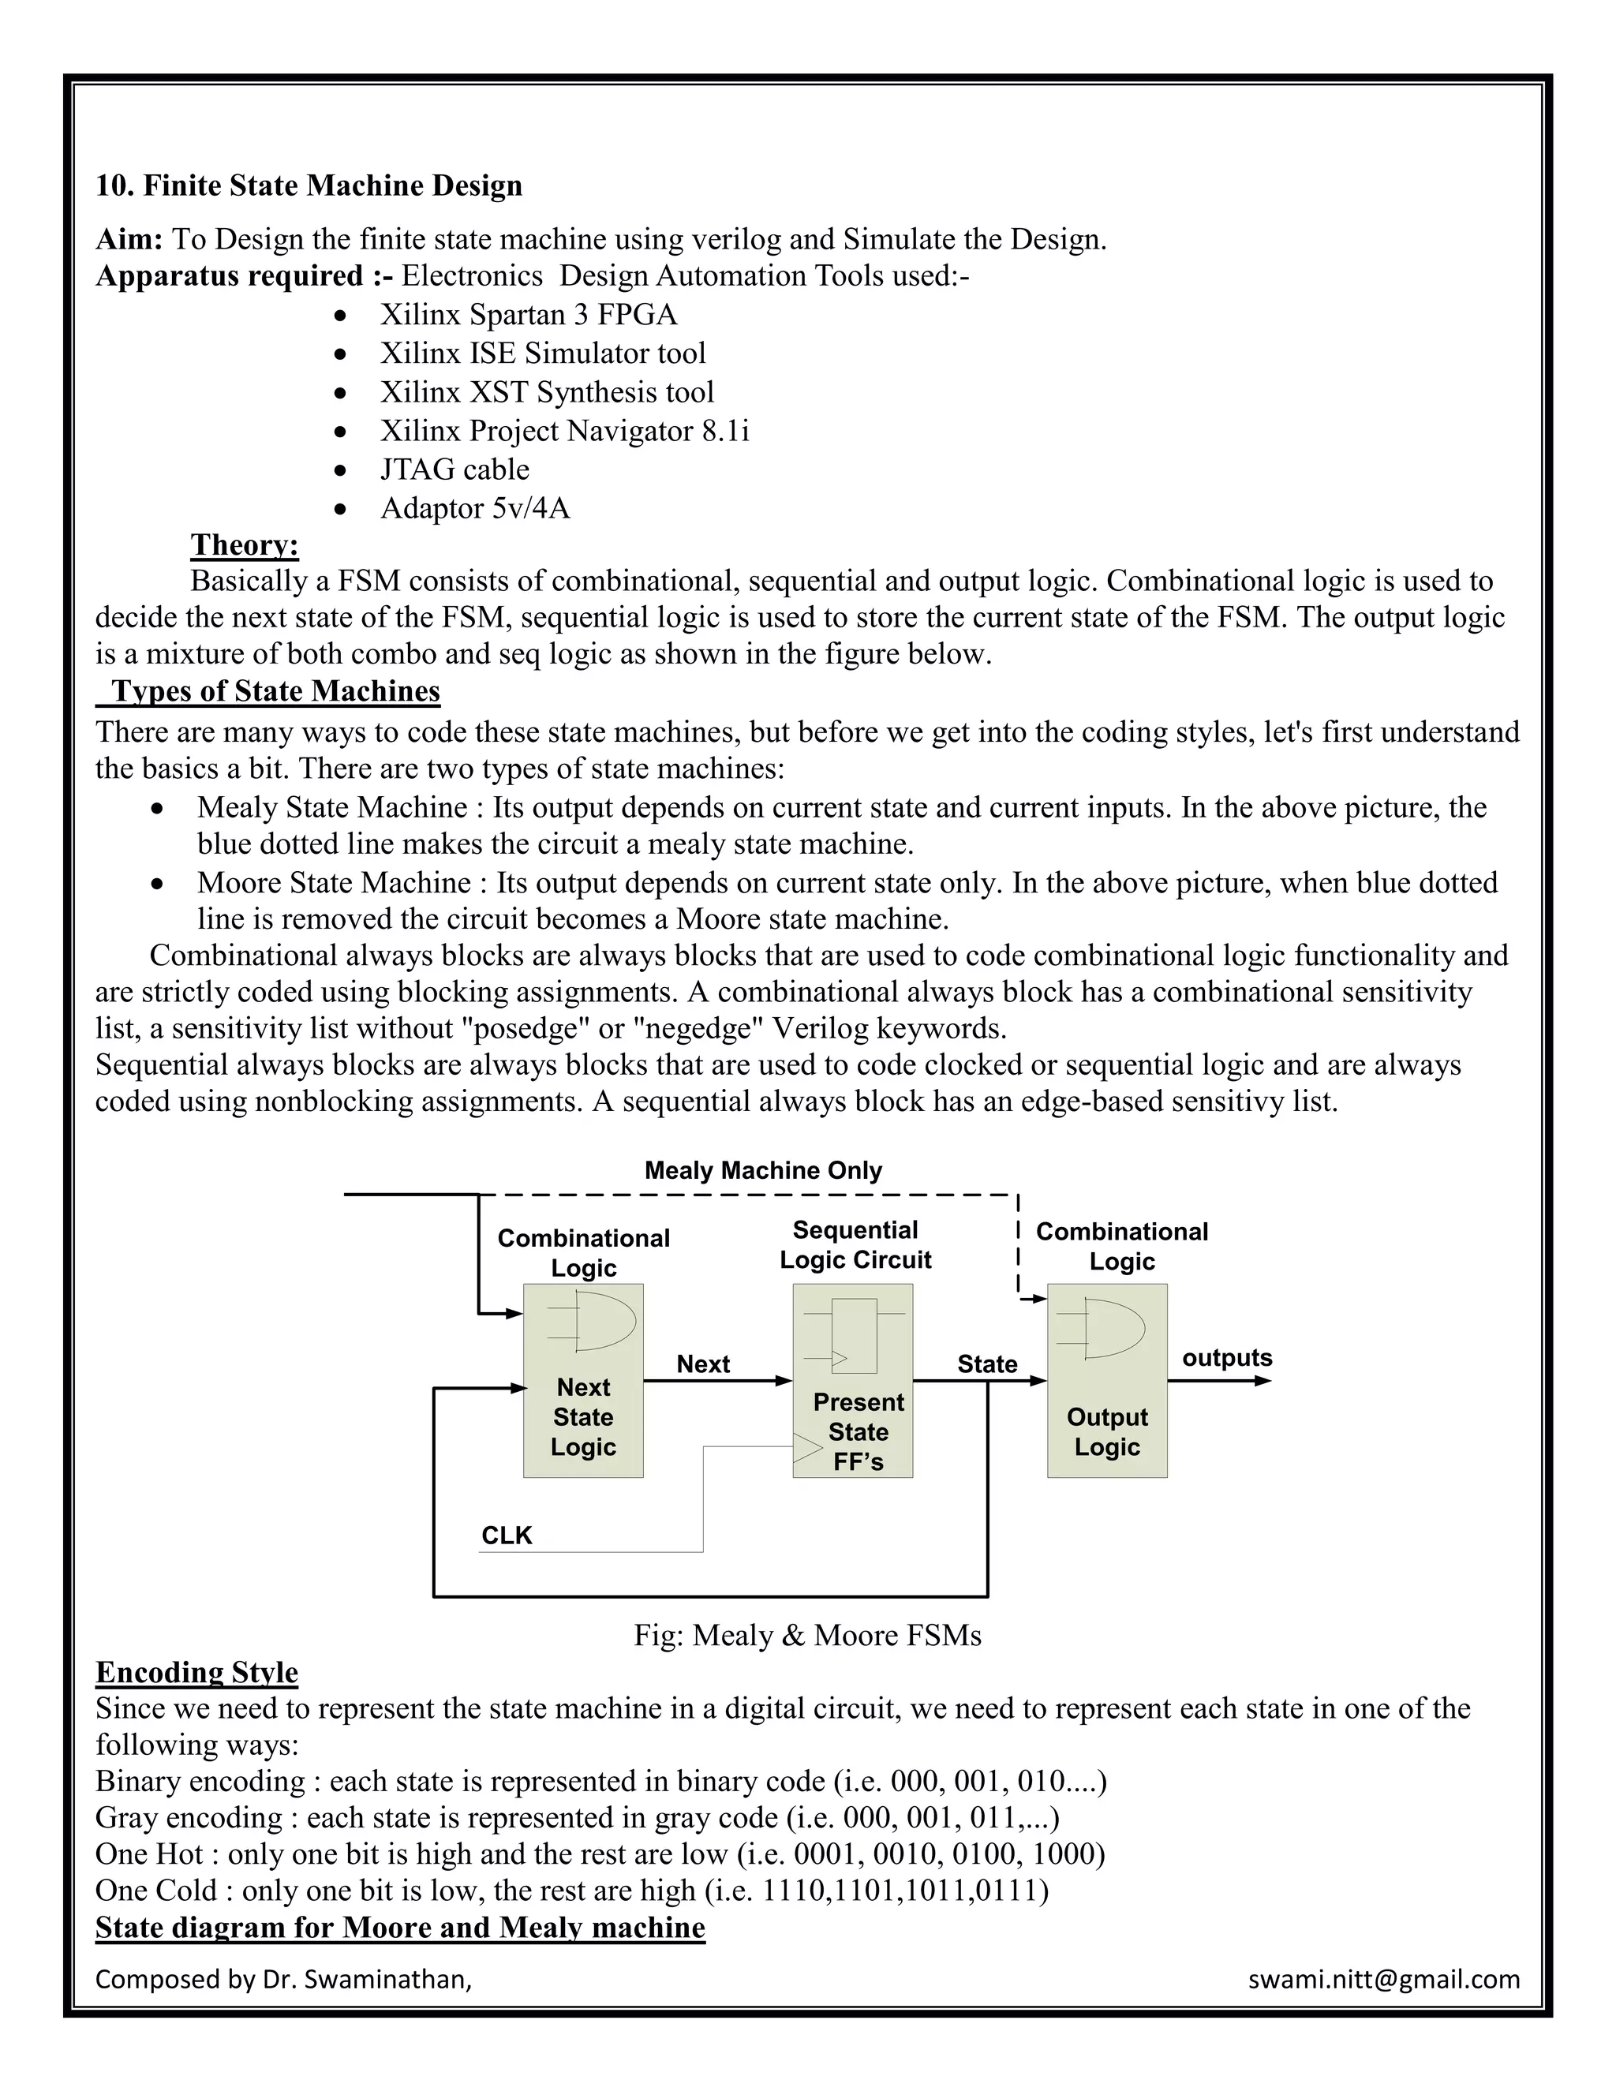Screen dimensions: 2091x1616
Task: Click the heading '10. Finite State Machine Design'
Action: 309,185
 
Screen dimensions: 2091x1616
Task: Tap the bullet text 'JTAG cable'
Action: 454,469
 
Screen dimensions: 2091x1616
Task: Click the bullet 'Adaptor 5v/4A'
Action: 475,507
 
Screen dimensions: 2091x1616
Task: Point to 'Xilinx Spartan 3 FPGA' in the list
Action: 529,314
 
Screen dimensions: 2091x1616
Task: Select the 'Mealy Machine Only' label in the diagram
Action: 763,1170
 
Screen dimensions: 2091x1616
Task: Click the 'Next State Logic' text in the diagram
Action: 583,1417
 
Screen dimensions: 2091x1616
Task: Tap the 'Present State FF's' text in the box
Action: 858,1431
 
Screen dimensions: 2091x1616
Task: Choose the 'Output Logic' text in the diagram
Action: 1107,1431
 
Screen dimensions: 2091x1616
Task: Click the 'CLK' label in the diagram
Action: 507,1536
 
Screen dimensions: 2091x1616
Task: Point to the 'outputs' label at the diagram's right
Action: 1226,1358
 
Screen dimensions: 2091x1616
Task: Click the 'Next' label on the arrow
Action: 703,1363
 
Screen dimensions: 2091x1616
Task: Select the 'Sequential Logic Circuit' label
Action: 855,1244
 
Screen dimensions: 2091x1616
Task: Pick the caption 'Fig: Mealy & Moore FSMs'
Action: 807,1634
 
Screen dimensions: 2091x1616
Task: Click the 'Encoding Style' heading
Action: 197,1672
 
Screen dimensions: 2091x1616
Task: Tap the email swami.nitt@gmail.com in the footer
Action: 1383,1979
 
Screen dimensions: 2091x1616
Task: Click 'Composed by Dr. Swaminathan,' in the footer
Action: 283,1979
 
